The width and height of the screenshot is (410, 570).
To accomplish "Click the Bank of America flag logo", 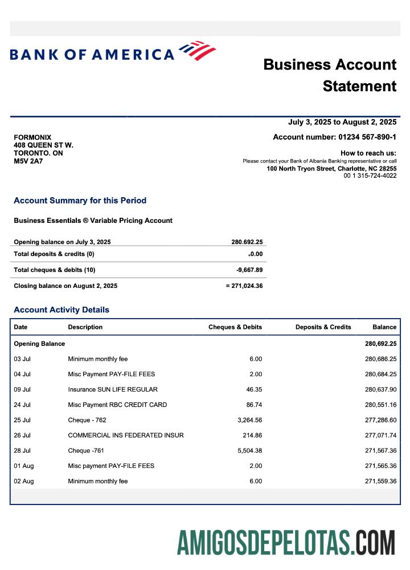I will pos(198,51).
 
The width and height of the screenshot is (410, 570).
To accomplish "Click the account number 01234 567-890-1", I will pos(367,137).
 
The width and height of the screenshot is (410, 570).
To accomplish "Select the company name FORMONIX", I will pos(32,137).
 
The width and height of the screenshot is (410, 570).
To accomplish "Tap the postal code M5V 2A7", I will pos(28,161).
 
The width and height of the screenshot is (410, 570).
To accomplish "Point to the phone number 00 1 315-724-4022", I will pos(370,176).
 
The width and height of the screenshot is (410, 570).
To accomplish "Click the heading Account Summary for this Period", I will pos(80,201).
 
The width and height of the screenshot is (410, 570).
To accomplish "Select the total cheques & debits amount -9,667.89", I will pos(249,270).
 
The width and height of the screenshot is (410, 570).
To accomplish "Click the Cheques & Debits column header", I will pos(235,327).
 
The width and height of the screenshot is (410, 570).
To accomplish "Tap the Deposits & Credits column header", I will pos(323,327).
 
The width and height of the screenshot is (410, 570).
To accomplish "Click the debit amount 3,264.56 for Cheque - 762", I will pos(247,420).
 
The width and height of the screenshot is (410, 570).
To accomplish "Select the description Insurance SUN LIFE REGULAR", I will pos(113,389).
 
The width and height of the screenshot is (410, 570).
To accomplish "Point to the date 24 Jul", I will pos(22,405).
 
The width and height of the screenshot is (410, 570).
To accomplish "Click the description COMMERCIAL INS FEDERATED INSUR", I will pos(126,435).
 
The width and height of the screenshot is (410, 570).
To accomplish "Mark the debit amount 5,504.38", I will pos(247,451).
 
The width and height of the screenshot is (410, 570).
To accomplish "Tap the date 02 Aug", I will pos(24,481).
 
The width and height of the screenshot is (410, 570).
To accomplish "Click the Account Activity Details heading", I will pos(61,310).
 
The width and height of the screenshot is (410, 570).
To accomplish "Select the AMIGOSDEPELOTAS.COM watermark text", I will pos(286,542).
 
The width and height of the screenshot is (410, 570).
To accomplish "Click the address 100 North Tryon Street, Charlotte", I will pos(331,169).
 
